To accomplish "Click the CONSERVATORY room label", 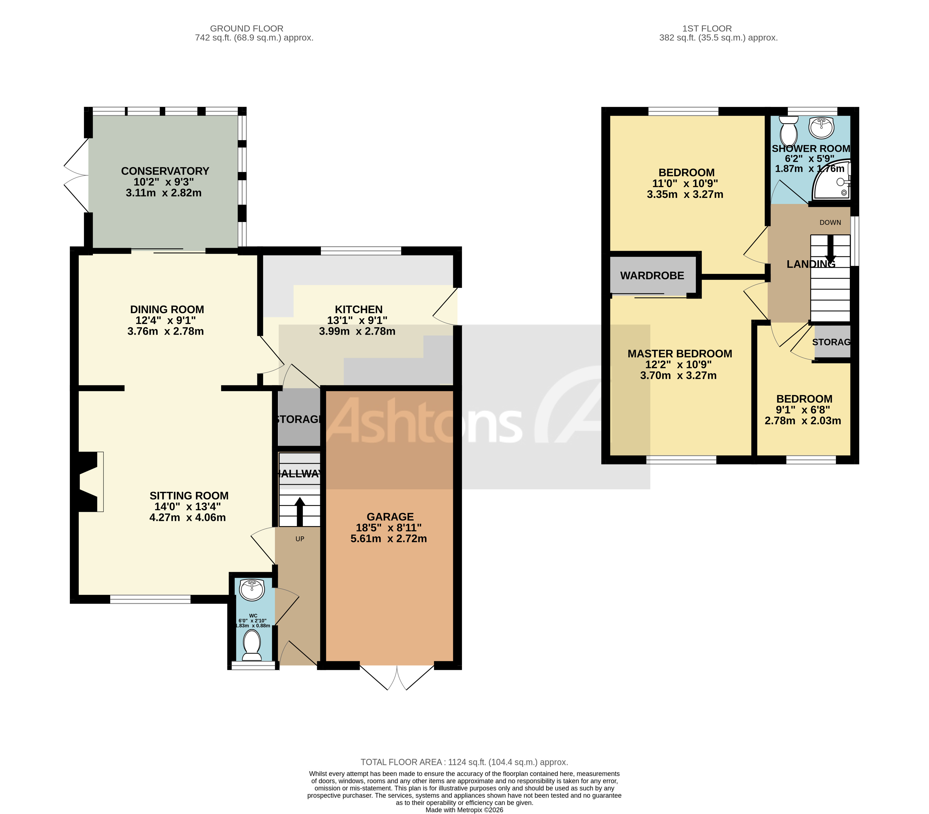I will click(165, 171).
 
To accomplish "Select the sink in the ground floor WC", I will click(252, 590).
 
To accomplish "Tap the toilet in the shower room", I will click(789, 130).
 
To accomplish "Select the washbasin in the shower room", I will click(821, 126).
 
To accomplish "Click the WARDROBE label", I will click(652, 276).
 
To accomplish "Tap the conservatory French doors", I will click(76, 175).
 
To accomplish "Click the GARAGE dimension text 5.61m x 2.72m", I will click(388, 539).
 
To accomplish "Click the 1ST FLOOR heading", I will click(707, 29).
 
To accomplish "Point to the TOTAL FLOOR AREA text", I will click(464, 762).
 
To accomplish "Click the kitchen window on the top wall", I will click(361, 250).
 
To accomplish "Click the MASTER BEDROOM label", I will click(680, 354).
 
